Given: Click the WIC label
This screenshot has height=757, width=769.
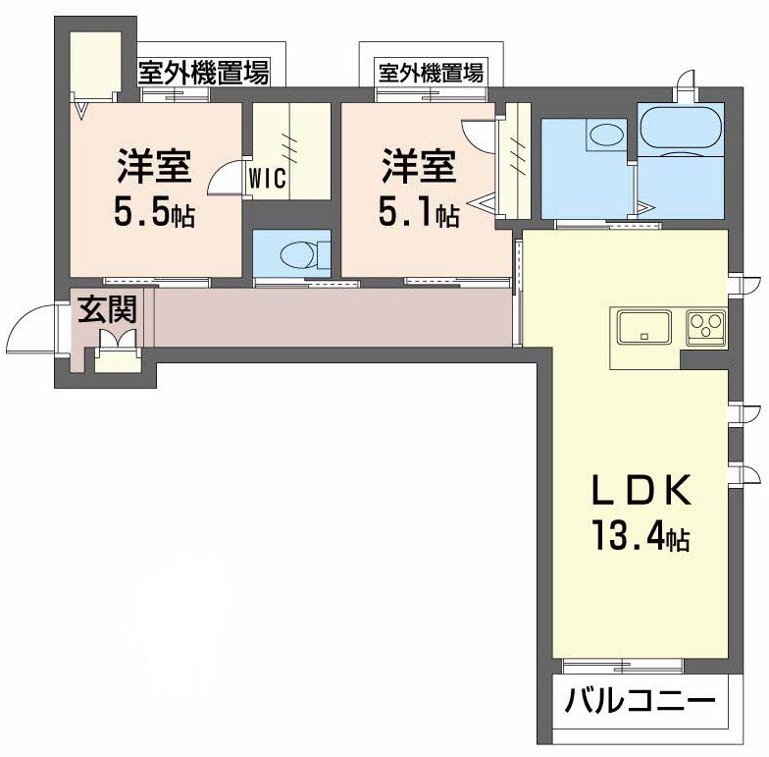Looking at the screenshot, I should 268,180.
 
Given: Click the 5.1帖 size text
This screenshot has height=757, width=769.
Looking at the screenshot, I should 418,214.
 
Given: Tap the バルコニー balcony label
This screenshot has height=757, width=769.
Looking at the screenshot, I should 639,704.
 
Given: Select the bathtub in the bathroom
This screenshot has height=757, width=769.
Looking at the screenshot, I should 681,127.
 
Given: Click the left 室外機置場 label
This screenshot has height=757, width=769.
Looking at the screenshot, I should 203,72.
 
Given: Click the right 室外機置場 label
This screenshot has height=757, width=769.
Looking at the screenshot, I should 432,72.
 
